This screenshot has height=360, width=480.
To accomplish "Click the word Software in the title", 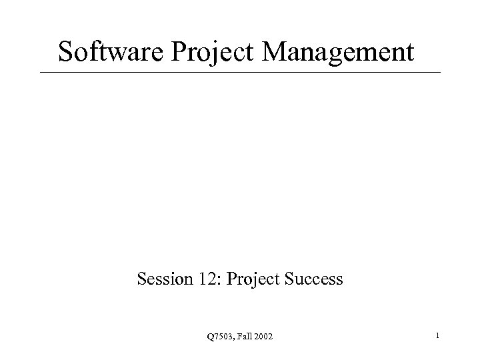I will pyautogui.click(x=112, y=51).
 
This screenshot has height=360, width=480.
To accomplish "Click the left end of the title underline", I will pyautogui.click(x=41, y=72).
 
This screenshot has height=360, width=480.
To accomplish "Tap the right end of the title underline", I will pyautogui.click(x=441, y=72).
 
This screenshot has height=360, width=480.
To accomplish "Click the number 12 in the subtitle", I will pyautogui.click(x=203, y=279).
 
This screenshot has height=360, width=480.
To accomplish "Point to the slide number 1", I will pyautogui.click(x=437, y=337).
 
